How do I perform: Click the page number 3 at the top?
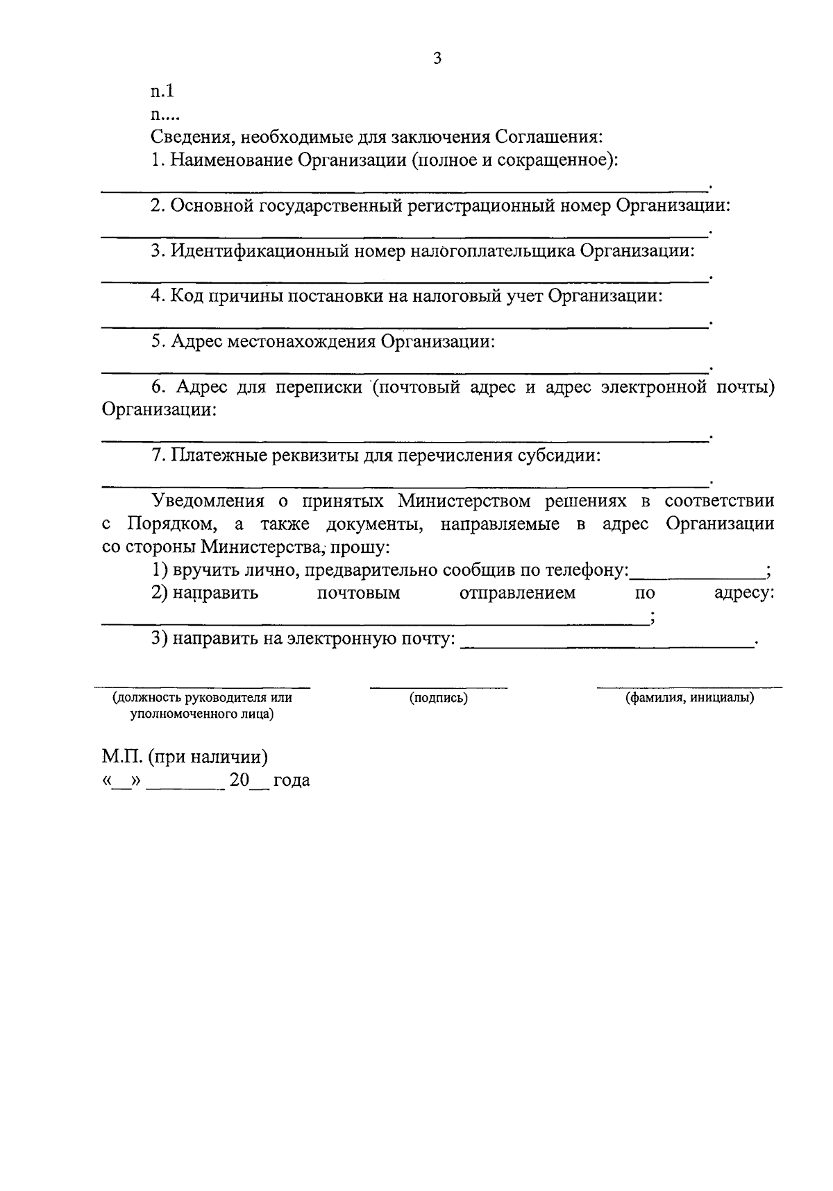click(x=437, y=59)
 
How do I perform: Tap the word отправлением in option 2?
click(x=517, y=593)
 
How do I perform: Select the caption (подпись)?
click(x=439, y=698)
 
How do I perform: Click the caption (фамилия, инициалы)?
click(x=689, y=698)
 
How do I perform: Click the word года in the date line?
click(x=292, y=780)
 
